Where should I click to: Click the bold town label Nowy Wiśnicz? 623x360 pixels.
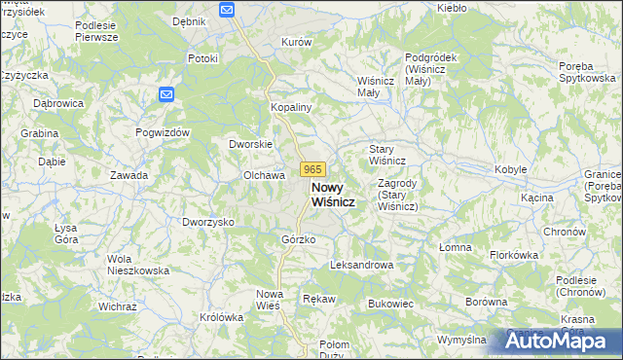pyautogui.click(x=332, y=194)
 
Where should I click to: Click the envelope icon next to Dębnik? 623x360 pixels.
pyautogui.click(x=227, y=10)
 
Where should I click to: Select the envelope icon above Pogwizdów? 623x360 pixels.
pyautogui.click(x=165, y=94)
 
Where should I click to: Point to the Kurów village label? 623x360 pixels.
pyautogui.click(x=296, y=43)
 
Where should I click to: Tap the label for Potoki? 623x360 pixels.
pyautogui.click(x=202, y=58)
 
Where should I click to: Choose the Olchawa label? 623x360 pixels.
pyautogui.click(x=263, y=175)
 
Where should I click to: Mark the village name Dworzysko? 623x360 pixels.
pyautogui.click(x=208, y=222)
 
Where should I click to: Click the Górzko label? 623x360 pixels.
pyautogui.click(x=298, y=239)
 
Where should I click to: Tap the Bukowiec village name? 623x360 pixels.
pyautogui.click(x=391, y=304)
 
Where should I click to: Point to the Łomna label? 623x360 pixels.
pyautogui.click(x=455, y=247)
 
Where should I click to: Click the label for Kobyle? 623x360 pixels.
pyautogui.click(x=511, y=169)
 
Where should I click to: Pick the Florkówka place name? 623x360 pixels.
pyautogui.click(x=515, y=255)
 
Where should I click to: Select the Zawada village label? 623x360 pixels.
pyautogui.click(x=128, y=175)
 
